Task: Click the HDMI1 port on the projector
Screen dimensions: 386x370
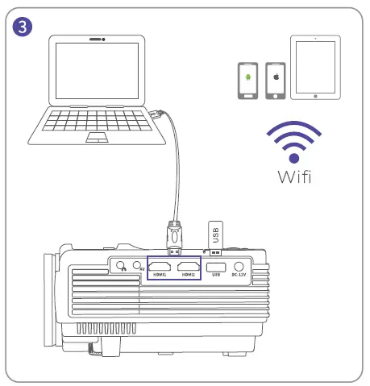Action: (159, 267)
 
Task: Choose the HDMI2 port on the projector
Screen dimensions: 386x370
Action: (189, 267)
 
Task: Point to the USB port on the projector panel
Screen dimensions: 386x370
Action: (215, 267)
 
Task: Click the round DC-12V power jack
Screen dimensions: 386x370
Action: (239, 267)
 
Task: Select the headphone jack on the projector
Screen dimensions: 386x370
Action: (120, 266)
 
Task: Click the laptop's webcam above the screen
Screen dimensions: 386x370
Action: (97, 39)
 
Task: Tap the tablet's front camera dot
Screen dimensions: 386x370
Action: (316, 39)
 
